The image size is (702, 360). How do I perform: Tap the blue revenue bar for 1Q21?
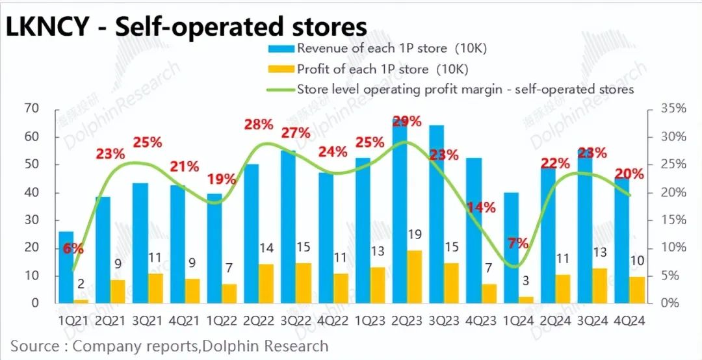coord(66,266)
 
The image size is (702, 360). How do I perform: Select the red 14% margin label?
coord(482,208)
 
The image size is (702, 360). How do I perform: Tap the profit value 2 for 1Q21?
coord(81,283)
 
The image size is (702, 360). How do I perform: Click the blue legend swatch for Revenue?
coord(279,48)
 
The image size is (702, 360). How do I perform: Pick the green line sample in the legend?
coord(279,90)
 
